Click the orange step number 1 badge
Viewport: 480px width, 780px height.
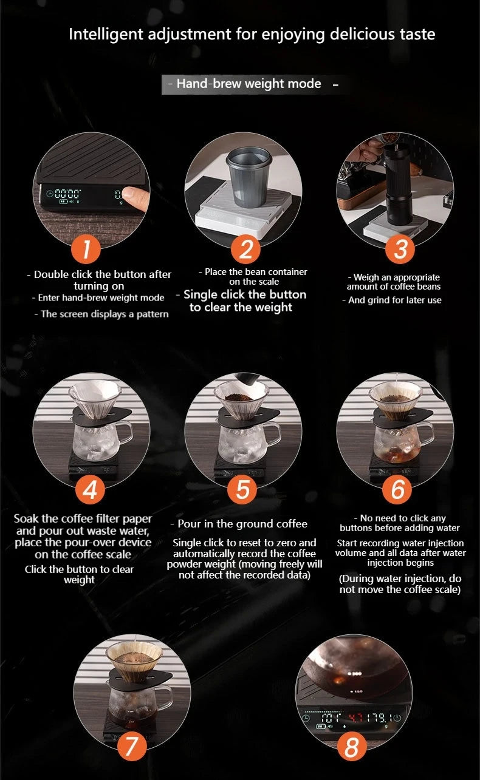(x=86, y=249)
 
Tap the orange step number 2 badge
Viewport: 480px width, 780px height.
(x=245, y=249)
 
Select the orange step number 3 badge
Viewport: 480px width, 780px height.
(x=400, y=249)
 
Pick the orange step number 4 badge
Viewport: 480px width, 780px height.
(x=91, y=490)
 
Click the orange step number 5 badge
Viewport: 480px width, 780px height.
(x=242, y=490)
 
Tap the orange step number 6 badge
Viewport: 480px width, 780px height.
(x=397, y=490)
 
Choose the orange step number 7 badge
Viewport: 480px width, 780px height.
(x=131, y=746)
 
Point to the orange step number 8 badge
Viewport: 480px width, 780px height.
(x=352, y=746)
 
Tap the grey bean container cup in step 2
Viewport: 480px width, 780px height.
(x=249, y=177)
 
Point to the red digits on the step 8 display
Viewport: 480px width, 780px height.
(x=357, y=717)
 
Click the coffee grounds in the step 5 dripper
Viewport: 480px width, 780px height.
(x=238, y=397)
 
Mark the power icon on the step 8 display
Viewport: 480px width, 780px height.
(x=397, y=717)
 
